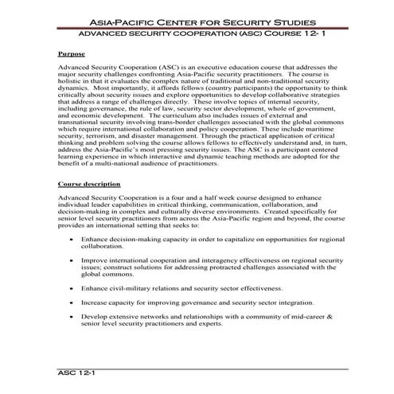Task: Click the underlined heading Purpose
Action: tap(72, 54)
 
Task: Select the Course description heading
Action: tap(90, 206)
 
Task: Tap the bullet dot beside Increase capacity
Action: tap(72, 303)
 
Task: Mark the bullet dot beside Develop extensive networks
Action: tap(72, 317)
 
